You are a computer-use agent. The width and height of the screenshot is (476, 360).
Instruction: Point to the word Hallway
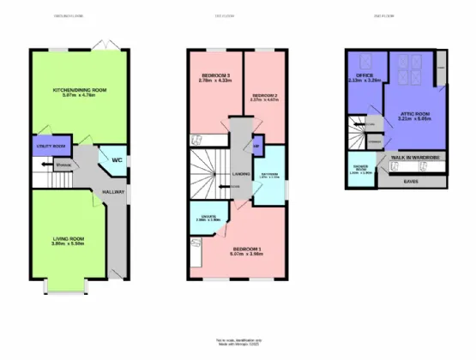[114, 192]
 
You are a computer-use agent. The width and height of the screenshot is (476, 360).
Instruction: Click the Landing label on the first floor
[241, 174]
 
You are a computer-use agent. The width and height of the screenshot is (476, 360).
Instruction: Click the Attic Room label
[413, 117]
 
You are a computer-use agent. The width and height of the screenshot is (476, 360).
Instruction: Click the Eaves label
[419, 182]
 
